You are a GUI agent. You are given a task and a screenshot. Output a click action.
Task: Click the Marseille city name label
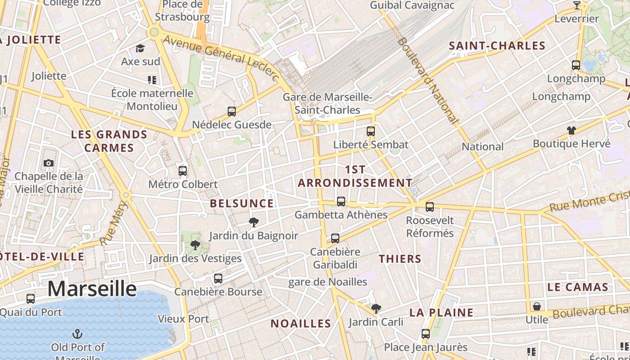pyautogui.click(x=92, y=288)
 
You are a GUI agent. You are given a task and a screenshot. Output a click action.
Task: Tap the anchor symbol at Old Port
pyautogui.click(x=77, y=334)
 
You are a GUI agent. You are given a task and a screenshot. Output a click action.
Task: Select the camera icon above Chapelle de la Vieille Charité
pyautogui.click(x=48, y=163)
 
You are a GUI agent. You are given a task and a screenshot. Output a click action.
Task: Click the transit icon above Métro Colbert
pyautogui.click(x=183, y=171)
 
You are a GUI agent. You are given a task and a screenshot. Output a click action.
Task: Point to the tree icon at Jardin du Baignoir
pyautogui.click(x=254, y=222)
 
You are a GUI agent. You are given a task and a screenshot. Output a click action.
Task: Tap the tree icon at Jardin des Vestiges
pyautogui.click(x=195, y=245)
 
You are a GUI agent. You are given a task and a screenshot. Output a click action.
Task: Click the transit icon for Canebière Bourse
pyautogui.click(x=218, y=279)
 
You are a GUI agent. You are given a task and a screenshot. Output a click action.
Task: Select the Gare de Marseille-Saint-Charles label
pyautogui.click(x=327, y=103)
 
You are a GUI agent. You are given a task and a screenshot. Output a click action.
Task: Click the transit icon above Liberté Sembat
pyautogui.click(x=371, y=131)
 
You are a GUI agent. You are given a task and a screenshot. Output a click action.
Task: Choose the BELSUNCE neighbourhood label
pyautogui.click(x=242, y=203)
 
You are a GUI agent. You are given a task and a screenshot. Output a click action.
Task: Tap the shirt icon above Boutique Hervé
pyautogui.click(x=571, y=130)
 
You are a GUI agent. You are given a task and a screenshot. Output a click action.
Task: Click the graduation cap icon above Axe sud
pyautogui.click(x=140, y=48)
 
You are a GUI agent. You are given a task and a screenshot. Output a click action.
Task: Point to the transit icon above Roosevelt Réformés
pyautogui.click(x=430, y=207)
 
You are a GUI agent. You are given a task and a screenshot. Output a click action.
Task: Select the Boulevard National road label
pyautogui.click(x=428, y=81)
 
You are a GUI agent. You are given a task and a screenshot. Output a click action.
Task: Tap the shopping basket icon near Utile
pyautogui.click(x=537, y=306)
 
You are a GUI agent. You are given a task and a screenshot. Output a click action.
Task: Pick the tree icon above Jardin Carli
pyautogui.click(x=376, y=309)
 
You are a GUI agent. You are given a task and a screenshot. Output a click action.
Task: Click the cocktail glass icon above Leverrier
pyautogui.click(x=577, y=5)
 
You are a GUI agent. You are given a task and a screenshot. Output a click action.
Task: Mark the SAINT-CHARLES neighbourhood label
pyautogui.click(x=497, y=45)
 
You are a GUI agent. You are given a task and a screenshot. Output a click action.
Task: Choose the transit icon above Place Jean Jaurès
pyautogui.click(x=426, y=334)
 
